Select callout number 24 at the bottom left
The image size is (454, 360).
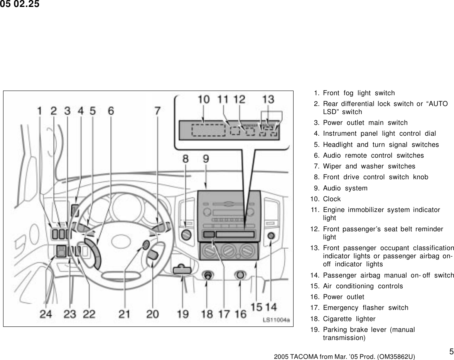click(46, 314)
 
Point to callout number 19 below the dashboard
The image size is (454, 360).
click(182, 314)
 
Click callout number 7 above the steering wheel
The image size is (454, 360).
click(157, 111)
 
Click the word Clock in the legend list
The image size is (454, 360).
click(332, 199)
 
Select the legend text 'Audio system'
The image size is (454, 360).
click(345, 188)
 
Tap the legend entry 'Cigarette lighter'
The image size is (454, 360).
click(349, 319)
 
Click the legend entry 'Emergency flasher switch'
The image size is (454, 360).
click(365, 308)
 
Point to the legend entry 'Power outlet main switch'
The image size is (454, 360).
click(365, 123)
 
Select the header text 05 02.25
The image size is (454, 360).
click(20, 5)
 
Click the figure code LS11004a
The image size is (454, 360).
click(276, 320)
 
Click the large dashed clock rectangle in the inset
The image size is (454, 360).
click(208, 130)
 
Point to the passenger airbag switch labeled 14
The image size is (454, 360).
click(271, 236)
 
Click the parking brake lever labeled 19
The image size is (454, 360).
click(182, 269)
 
